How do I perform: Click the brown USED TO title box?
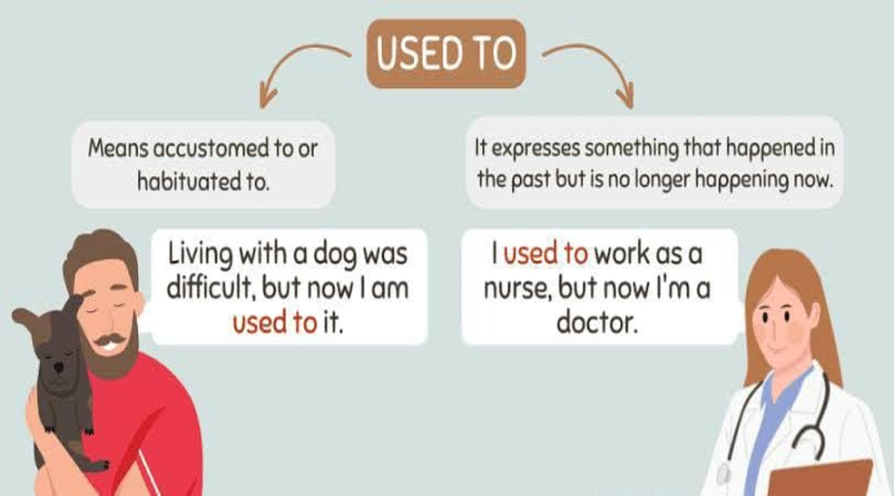pos(446,53)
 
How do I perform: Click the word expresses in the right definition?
pos(535,149)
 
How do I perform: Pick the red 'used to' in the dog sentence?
pos(274,323)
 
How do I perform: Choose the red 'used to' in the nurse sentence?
pos(545,253)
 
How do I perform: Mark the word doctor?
pos(596,323)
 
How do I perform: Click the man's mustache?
pos(110,341)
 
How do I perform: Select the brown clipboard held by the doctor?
pos(821,480)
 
